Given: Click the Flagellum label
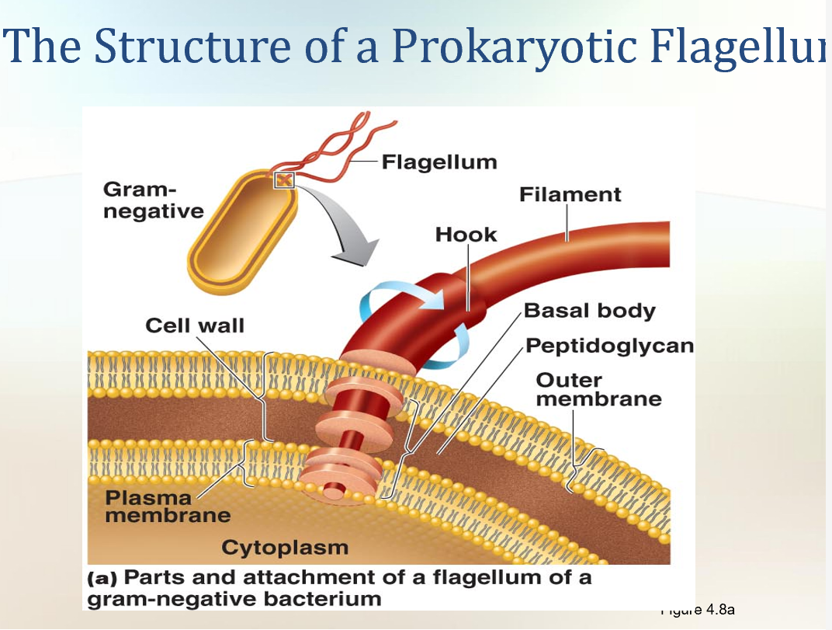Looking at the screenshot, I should point(439,162).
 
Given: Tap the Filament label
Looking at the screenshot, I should point(570,194).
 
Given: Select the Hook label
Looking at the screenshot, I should point(466,235).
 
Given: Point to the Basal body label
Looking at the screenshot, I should point(590,311).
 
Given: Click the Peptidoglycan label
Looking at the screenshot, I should point(609,346).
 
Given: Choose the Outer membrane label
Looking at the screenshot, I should point(598,390).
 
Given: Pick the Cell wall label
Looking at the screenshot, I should point(195,325).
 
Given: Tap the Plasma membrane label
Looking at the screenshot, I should point(168,506).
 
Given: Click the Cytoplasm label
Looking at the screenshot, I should point(285,548).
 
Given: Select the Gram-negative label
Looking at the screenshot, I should point(153,200).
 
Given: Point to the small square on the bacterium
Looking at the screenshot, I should point(284,180).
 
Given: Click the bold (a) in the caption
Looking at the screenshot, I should point(102,579).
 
